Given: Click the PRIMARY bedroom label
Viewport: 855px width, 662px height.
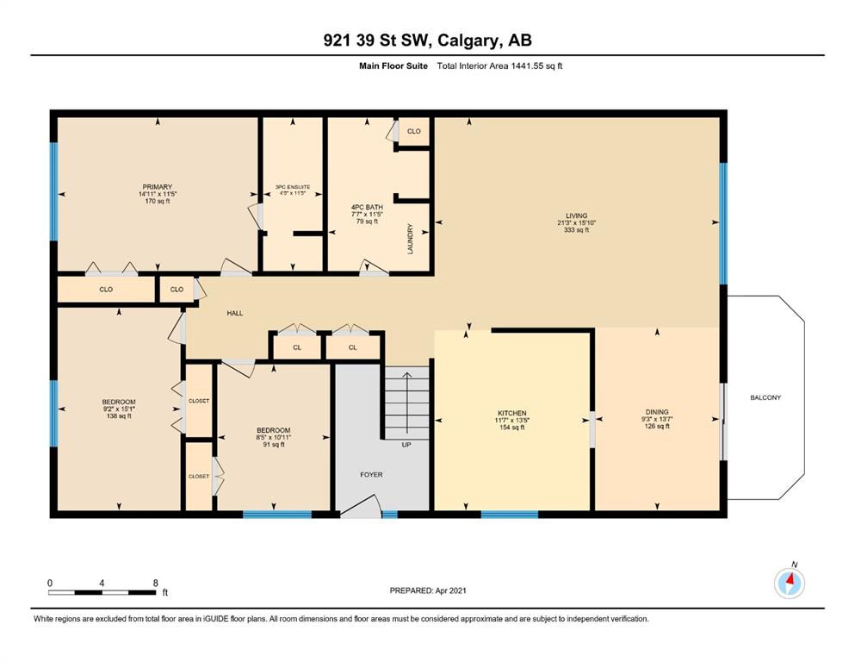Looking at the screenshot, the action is coord(157,187).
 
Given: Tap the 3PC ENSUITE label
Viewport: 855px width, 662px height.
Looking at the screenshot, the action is coord(293,187).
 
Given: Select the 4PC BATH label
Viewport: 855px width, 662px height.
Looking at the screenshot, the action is coord(367,208).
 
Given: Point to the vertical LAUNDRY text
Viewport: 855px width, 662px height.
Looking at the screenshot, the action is coord(410,239).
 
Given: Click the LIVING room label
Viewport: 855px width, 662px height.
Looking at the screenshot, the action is coord(576,215).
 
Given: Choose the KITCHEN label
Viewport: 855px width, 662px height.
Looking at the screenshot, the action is coord(512,413).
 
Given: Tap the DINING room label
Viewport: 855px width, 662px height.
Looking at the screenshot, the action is coord(656,412).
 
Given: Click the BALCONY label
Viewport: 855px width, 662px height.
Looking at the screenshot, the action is coord(765,398).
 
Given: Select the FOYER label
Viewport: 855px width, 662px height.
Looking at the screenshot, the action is coord(371,475).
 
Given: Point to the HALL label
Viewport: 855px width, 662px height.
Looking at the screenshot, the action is coord(235,313).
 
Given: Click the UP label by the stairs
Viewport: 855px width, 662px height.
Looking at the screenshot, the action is coord(406,445).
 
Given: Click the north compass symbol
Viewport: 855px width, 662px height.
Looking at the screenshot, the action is coord(790,583).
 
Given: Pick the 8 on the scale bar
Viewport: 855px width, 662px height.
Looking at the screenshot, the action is coord(155,583).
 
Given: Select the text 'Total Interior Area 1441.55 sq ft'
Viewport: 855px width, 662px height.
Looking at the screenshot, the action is coord(499,66).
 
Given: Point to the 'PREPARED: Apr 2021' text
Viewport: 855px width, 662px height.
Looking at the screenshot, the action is coord(428,590).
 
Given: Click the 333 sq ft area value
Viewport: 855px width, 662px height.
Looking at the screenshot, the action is coord(576,230).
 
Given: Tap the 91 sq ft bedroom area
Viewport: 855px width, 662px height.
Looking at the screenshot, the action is coord(274,445).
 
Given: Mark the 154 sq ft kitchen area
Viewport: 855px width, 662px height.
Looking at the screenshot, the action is coord(512,428).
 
